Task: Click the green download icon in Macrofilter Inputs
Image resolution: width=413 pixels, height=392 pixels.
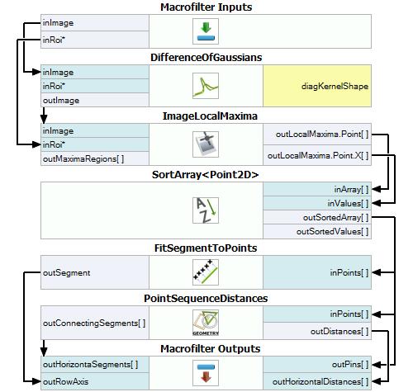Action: [x=206, y=31]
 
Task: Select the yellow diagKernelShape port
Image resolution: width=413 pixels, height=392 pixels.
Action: [x=317, y=86]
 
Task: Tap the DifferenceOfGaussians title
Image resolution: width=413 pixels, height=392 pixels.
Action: [x=206, y=58]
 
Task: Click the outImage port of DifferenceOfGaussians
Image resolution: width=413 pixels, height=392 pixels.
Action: [x=95, y=100]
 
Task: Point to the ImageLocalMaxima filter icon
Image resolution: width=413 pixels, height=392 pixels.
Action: [x=206, y=144]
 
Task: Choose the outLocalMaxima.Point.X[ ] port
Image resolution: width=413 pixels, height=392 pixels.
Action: [x=317, y=155]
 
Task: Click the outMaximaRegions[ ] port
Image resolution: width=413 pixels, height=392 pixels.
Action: [x=95, y=158]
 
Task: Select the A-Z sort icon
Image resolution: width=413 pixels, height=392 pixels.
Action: [x=206, y=210]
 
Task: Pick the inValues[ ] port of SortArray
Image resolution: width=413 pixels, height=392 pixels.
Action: [x=317, y=203]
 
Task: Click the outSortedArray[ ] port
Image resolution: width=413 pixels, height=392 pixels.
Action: [x=317, y=217]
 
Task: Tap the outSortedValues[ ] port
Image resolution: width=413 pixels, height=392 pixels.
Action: [x=317, y=231]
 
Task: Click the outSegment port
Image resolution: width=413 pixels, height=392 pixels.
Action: [x=95, y=272]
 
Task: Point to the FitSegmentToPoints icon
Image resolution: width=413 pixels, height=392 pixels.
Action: [x=206, y=272]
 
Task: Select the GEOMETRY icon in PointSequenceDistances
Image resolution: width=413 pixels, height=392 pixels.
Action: [x=206, y=323]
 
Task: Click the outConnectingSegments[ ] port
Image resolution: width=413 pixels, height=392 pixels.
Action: [x=95, y=323]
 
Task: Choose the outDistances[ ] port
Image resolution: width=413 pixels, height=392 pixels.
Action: [x=317, y=331]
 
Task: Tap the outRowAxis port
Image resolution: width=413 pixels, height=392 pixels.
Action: [x=95, y=381]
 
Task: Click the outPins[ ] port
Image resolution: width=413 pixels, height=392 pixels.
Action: [x=317, y=365]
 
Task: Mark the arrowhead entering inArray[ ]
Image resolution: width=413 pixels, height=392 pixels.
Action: [x=376, y=189]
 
